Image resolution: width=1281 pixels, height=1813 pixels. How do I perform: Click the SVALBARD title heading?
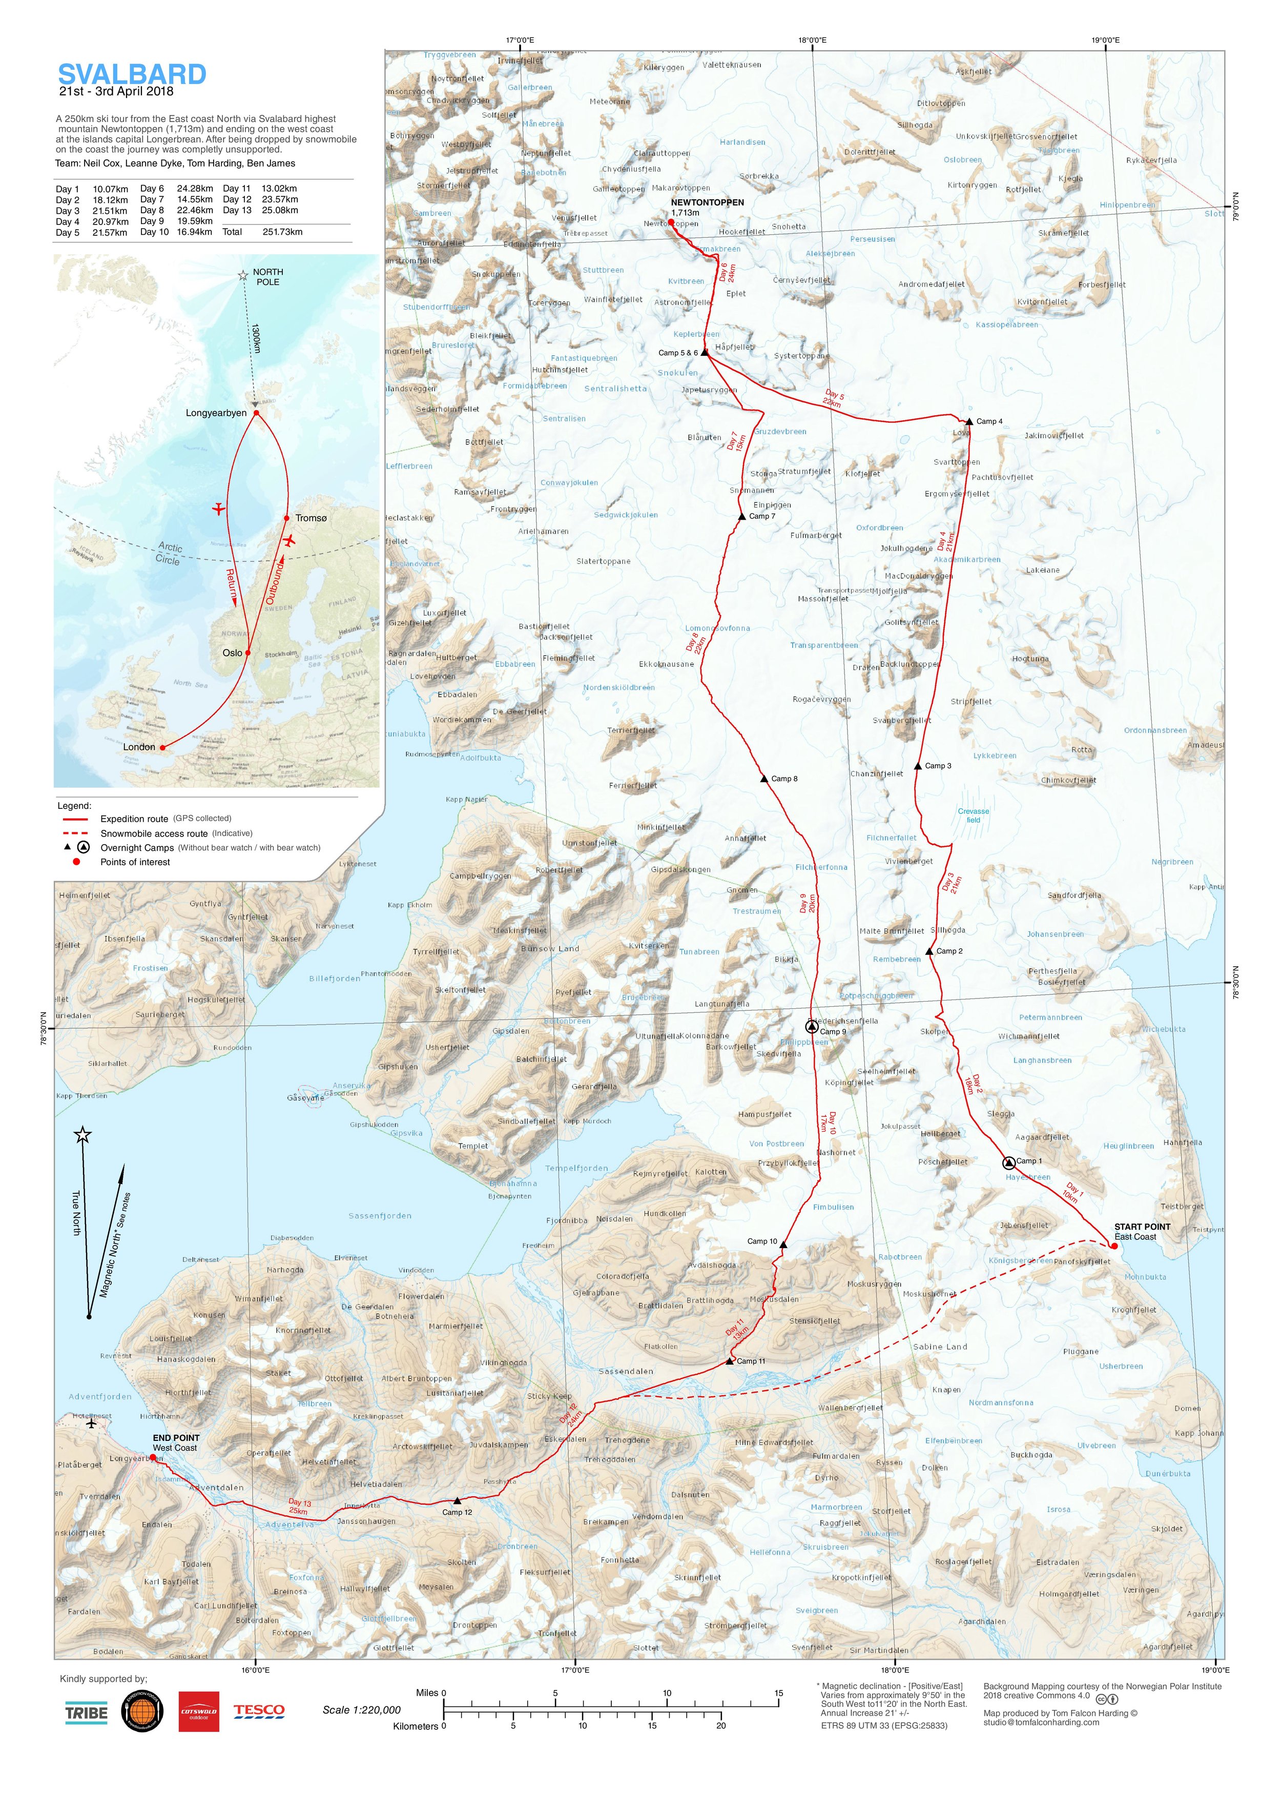coord(132,75)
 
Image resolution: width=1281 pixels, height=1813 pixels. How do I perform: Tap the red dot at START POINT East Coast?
coord(1113,1246)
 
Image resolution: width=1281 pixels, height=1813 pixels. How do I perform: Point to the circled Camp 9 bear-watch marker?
coord(811,1027)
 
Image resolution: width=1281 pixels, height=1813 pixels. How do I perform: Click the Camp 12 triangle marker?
coord(457,1500)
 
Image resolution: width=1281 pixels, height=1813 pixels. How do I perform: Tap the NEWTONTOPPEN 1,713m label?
coord(707,207)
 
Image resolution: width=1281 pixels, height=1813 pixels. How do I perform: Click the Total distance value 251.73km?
coord(282,232)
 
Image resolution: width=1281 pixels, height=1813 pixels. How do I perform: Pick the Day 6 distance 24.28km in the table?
coord(194,189)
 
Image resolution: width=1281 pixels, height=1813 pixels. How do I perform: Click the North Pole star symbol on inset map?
coord(243,276)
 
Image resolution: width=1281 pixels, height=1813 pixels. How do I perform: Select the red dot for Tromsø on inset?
coord(286,518)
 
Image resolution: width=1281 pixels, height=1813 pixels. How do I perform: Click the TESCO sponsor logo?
coord(259,1710)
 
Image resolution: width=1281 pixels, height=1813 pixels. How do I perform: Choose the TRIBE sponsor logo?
coord(86,1713)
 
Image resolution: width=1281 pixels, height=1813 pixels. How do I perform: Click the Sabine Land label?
coord(939,1347)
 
